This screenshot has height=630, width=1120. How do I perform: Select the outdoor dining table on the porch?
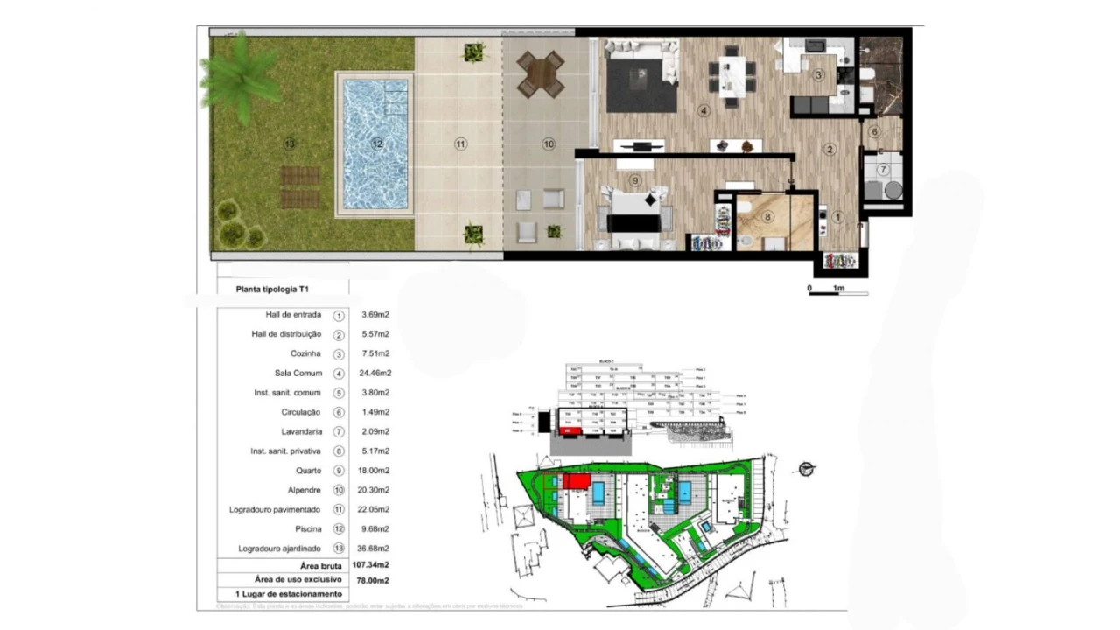click(x=540, y=73)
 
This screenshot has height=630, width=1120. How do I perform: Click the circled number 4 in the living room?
click(x=703, y=111)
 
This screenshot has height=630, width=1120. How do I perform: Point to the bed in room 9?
click(x=634, y=213)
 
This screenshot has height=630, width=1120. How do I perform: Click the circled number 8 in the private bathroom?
click(x=768, y=216)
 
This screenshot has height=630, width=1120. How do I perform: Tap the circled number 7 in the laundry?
click(x=884, y=169)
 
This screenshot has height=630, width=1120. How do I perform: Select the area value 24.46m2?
click(x=375, y=374)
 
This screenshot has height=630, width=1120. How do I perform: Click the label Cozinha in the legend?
click(x=305, y=353)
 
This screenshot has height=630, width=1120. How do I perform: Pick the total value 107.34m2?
click(x=371, y=565)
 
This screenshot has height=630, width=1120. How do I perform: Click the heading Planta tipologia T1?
click(x=273, y=288)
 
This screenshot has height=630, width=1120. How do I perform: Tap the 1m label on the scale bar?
click(x=838, y=288)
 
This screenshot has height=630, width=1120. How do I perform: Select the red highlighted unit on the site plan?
click(x=577, y=481)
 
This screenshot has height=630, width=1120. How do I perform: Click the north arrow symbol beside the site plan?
click(x=807, y=469)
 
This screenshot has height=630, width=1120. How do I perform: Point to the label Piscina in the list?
click(x=307, y=528)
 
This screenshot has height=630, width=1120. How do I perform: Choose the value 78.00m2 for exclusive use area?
click(x=371, y=580)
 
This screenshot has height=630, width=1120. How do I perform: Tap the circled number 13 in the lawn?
click(x=289, y=143)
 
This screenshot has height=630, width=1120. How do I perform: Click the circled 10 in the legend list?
click(x=339, y=490)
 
